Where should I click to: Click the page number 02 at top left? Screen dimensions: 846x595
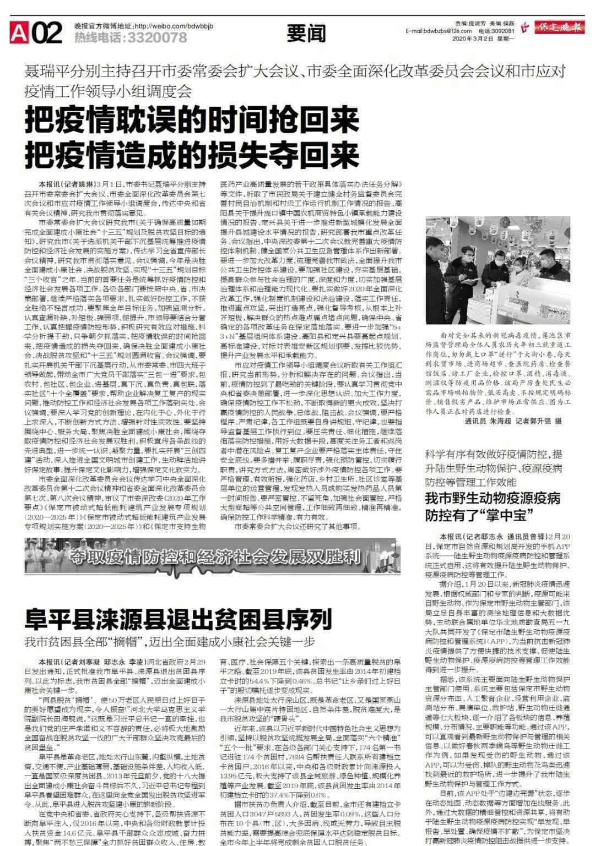pos(47,34)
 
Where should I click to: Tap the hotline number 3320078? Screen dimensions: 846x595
pos(157,38)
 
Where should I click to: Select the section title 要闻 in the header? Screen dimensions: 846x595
pos(307,35)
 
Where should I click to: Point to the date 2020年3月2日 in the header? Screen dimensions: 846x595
pos(475,39)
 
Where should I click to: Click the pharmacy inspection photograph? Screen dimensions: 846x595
pos(506,270)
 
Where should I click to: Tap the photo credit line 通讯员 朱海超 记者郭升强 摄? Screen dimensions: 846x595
pos(505,420)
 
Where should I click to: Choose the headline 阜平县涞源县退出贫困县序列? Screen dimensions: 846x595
pos(178,619)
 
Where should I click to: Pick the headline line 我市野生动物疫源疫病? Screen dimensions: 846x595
pos(493,498)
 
